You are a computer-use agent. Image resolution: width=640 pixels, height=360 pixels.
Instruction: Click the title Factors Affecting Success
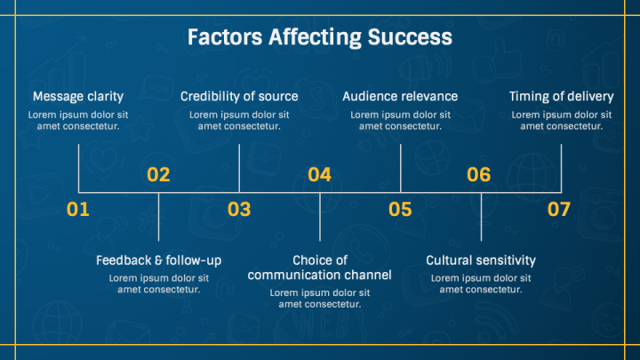tap(320, 37)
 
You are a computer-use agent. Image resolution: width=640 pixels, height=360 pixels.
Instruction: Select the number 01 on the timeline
tap(78, 210)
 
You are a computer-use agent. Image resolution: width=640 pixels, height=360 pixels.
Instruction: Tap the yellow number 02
tap(158, 174)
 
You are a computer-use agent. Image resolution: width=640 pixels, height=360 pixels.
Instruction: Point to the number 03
tap(239, 210)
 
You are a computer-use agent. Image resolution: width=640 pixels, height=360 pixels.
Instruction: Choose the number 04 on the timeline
tap(319, 174)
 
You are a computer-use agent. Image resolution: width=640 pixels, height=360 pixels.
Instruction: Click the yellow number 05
tap(400, 210)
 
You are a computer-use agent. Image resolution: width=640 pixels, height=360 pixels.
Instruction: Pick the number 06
tap(479, 174)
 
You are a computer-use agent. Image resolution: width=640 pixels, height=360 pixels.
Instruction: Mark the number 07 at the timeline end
tap(559, 210)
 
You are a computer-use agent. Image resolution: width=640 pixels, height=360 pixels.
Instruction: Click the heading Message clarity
tap(78, 96)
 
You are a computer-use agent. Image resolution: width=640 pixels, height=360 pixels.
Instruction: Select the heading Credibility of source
tap(239, 96)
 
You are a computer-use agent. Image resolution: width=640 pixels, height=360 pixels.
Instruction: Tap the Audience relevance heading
tap(400, 96)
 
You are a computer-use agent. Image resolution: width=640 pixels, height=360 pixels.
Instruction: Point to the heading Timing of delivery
tap(561, 96)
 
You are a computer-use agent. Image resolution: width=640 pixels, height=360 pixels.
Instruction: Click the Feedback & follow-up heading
tap(158, 260)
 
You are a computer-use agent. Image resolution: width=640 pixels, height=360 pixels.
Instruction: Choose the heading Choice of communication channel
tap(320, 268)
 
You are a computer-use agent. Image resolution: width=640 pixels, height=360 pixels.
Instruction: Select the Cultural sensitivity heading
tap(481, 260)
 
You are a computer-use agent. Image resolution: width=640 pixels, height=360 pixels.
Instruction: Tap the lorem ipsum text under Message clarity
tap(78, 120)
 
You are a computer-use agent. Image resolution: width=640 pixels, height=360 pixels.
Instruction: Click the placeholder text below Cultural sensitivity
tap(481, 284)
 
